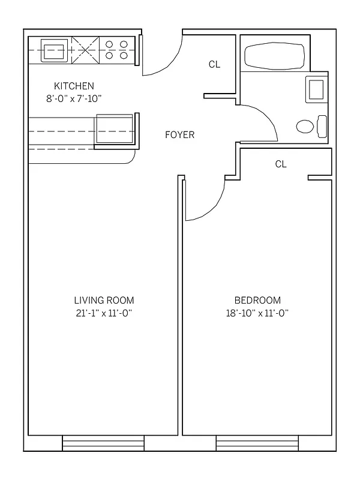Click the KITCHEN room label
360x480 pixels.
(x=74, y=86)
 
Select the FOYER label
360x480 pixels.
(x=180, y=135)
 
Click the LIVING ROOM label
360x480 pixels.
(x=104, y=300)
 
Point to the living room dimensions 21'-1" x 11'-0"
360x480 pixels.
(x=104, y=313)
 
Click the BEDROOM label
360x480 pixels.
(x=257, y=300)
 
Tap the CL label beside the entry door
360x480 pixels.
(x=214, y=65)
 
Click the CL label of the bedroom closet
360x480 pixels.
(x=280, y=164)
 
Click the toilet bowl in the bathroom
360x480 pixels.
(x=305, y=127)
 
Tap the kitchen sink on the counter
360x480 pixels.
(x=55, y=50)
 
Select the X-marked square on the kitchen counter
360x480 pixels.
(x=85, y=50)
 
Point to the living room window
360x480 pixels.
(x=103, y=443)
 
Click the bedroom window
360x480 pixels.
(x=257, y=443)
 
